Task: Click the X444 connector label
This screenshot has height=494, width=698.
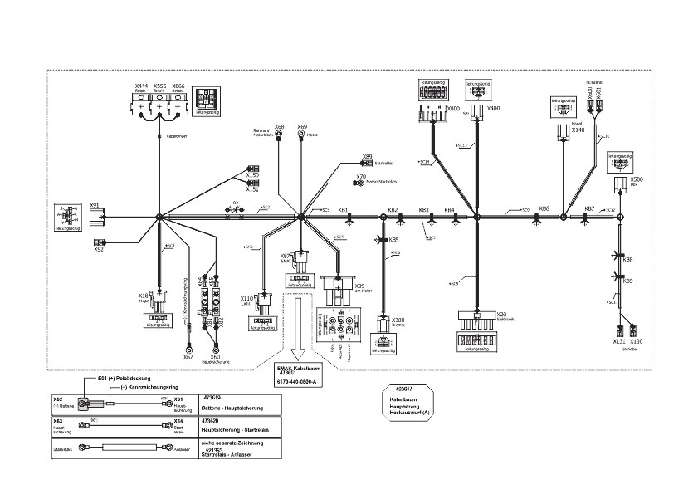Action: click(141, 86)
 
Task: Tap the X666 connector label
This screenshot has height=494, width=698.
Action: click(178, 86)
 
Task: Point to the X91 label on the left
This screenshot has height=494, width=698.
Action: click(95, 205)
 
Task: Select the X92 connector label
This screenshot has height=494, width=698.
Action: click(98, 248)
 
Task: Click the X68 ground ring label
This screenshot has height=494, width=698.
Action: click(280, 127)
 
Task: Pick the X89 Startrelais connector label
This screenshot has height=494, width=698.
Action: click(367, 155)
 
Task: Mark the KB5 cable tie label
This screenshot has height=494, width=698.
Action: click(394, 240)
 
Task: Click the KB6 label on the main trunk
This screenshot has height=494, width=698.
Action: click(544, 209)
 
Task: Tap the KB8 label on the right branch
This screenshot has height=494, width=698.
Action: click(628, 260)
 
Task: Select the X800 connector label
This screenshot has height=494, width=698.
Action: click(452, 109)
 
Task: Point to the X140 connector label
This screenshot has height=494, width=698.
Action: click(578, 130)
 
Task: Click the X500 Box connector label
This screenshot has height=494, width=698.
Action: click(637, 179)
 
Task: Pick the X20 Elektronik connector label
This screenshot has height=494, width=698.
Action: click(501, 315)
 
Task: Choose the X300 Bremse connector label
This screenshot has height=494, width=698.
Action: click(398, 320)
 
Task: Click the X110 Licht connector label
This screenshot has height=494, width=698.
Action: click(246, 298)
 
